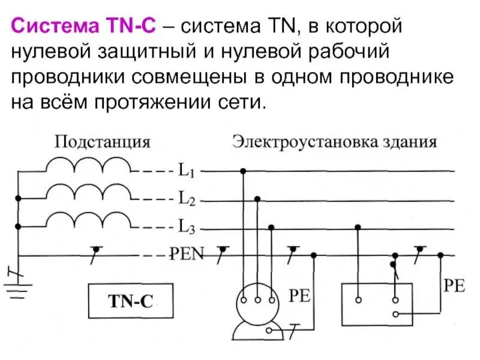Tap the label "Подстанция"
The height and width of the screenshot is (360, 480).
[x=103, y=143]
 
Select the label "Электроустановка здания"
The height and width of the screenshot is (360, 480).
[x=335, y=143]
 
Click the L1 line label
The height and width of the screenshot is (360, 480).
[x=185, y=171]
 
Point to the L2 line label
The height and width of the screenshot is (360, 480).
[x=185, y=199]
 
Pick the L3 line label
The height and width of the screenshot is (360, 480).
[x=185, y=227]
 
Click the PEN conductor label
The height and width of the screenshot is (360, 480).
[x=190, y=254]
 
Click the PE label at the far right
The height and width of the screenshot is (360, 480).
[x=454, y=285]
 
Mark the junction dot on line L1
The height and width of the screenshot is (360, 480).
[x=243, y=171]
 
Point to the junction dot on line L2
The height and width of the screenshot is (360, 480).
[x=257, y=199]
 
